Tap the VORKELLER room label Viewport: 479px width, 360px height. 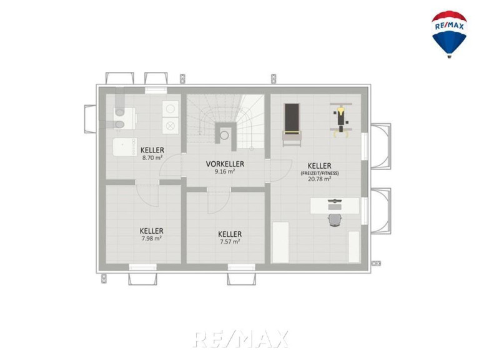(225, 164)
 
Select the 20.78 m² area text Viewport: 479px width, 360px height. (319, 179)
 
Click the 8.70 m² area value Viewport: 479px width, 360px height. (152, 158)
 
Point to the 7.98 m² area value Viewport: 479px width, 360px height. (152, 238)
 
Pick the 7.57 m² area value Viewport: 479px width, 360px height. (230, 241)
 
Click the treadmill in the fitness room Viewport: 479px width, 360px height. (292, 124)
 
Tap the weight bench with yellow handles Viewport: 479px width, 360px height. (340, 121)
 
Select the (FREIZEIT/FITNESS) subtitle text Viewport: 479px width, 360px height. (320, 173)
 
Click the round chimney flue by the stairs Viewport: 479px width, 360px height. (225, 135)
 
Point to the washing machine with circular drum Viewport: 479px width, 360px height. (170, 109)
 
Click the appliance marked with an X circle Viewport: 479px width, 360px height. (170, 126)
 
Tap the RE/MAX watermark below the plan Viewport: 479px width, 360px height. (240, 339)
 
